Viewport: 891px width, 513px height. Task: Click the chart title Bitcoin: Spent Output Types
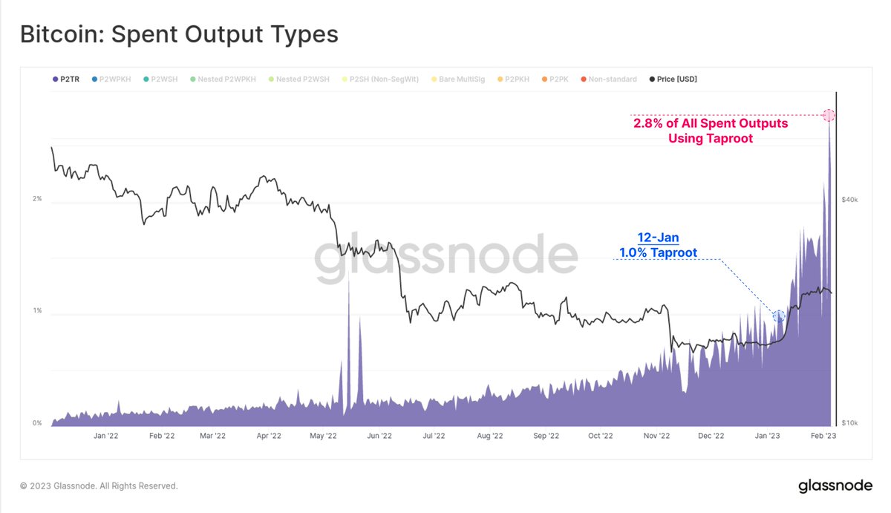coord(179,34)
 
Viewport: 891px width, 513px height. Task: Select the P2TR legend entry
coord(68,79)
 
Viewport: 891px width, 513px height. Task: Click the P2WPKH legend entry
coord(112,79)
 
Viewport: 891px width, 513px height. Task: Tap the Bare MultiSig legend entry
coord(460,79)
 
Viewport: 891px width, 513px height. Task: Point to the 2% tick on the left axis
coord(36,199)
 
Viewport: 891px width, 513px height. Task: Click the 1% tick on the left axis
coord(36,311)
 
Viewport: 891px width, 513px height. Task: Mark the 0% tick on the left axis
coord(36,423)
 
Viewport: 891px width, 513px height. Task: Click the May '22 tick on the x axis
coord(323,437)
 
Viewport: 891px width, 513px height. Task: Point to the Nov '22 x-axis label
coord(656,437)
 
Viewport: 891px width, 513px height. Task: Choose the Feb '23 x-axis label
coord(822,437)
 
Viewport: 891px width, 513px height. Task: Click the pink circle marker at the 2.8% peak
coord(829,115)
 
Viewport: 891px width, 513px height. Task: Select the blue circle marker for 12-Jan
coord(778,316)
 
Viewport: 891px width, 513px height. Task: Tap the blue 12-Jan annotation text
coord(658,238)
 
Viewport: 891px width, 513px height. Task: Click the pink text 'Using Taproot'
coord(711,138)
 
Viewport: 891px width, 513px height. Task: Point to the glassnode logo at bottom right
coord(835,486)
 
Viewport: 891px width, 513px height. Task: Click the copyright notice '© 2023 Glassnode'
coord(99,486)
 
